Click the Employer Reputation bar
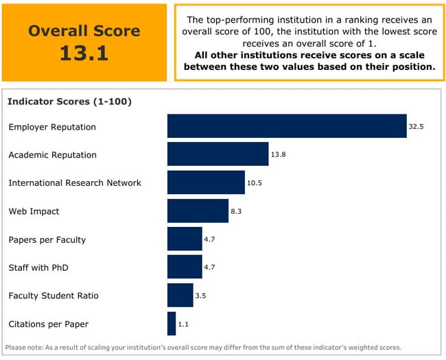click(287, 126)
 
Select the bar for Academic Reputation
click(218, 154)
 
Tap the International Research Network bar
click(206, 182)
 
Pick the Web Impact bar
click(198, 211)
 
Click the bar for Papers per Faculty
click(185, 239)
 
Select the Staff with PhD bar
click(185, 267)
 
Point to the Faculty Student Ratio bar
click(180, 296)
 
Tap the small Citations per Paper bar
click(172, 324)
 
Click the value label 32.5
click(416, 127)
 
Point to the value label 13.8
click(278, 155)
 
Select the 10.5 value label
click(255, 183)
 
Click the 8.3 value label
click(236, 211)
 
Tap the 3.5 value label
click(201, 296)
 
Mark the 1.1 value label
click(184, 324)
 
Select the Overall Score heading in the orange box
click(84, 31)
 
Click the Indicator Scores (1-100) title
click(69, 101)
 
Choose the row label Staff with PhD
click(38, 267)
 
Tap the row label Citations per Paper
click(48, 324)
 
